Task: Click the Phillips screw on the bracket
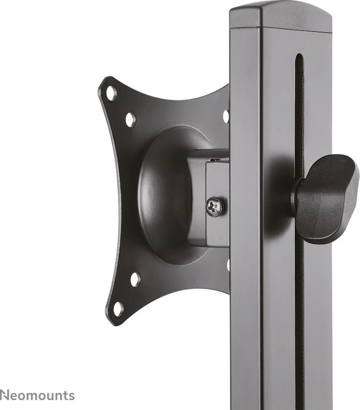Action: coord(215,207)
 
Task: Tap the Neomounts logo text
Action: coord(37,395)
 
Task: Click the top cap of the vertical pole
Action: coord(280,16)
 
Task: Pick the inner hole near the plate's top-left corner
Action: coord(130,120)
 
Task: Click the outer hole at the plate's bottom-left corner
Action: coord(118,309)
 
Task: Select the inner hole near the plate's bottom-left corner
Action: coord(135,279)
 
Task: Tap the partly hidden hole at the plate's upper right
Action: coord(226,116)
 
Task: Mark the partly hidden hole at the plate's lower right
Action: coord(227,265)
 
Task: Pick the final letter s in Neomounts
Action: coord(71,396)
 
